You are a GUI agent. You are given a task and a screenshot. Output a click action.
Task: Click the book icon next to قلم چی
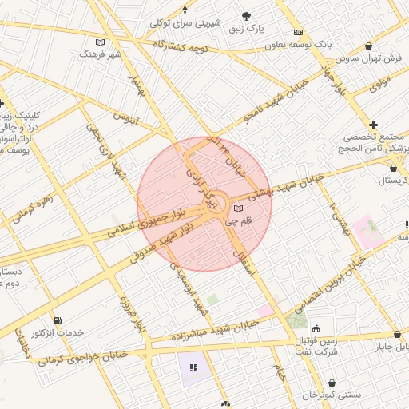[236, 209]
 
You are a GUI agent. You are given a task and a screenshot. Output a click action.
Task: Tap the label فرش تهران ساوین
[367, 58]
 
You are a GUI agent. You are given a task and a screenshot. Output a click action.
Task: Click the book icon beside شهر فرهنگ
[100, 42]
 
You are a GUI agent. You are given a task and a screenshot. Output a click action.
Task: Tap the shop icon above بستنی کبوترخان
[330, 383]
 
